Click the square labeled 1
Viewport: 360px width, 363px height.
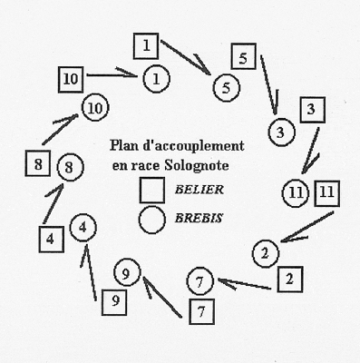147,43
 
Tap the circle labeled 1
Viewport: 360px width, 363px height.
156,79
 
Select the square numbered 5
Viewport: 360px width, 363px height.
244,57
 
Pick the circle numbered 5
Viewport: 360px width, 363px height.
226,88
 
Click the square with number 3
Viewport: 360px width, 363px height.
311,111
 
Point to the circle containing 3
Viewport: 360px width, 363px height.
282,132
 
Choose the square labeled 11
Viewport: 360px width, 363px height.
326,192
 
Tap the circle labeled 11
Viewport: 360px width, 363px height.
295,192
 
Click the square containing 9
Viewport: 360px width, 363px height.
112,300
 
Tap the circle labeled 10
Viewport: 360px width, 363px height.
93,108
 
